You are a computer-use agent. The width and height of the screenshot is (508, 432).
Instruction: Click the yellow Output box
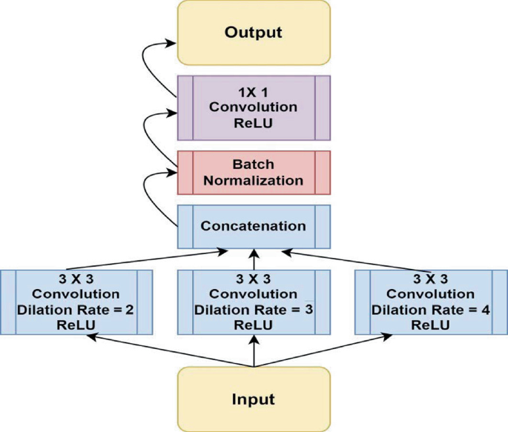[x=254, y=33]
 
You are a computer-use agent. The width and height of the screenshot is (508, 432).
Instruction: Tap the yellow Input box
[x=254, y=399]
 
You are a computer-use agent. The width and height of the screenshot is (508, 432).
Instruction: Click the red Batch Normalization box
[x=254, y=172]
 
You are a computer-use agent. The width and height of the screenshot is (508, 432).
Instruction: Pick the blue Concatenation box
[x=254, y=225]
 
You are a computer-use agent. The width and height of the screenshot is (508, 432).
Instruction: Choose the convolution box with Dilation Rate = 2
[x=76, y=303]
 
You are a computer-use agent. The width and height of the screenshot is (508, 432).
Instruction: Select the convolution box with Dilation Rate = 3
[x=254, y=303]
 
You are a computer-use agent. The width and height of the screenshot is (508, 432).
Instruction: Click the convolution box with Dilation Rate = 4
[x=431, y=303]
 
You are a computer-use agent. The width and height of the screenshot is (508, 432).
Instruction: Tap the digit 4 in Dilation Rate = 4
[x=485, y=310]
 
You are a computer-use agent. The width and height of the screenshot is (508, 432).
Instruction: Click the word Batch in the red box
[x=254, y=165]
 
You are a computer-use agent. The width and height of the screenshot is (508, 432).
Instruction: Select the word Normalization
[x=254, y=180]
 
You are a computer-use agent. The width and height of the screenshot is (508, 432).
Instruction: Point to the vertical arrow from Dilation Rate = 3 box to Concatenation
[x=254, y=260]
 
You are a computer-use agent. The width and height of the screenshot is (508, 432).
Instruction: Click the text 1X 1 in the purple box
[x=254, y=93]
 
